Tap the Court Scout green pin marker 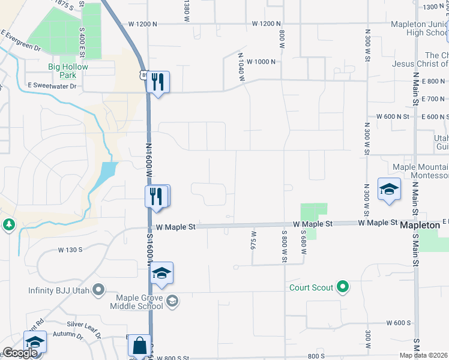click(x=343, y=288)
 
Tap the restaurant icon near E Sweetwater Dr click(x=158, y=82)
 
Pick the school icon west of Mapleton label click(x=389, y=189)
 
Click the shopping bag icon click(x=139, y=346)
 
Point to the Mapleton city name click(x=421, y=224)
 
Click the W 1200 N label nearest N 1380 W click(x=143, y=23)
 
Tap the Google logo click(x=20, y=353)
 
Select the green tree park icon click(x=9, y=224)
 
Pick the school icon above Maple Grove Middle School click(x=161, y=273)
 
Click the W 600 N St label click(x=392, y=116)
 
